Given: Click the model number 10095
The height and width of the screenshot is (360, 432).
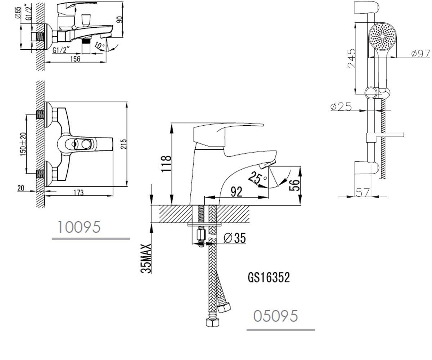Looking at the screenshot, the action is (x=79, y=227).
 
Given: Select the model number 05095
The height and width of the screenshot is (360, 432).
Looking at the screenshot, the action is (x=276, y=316).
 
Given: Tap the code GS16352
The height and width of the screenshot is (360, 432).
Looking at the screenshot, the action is (x=269, y=278).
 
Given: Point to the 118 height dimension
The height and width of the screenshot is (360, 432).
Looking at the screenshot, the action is (x=166, y=164).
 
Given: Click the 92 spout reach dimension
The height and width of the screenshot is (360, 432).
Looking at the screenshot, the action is (x=237, y=192).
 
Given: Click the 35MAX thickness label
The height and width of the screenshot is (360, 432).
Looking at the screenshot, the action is (x=146, y=258).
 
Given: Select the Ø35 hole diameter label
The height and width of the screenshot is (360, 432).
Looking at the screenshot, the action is (x=235, y=238).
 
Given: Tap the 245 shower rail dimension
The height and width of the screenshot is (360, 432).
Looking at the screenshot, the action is (x=351, y=58).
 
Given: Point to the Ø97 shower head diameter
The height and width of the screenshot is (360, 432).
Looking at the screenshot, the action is (x=420, y=53).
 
